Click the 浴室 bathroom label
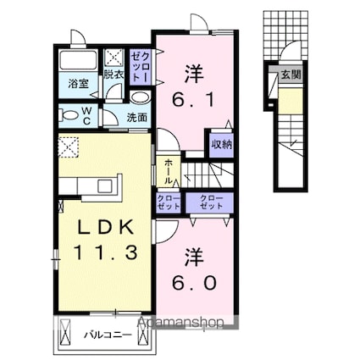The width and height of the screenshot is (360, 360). click(x=79, y=83)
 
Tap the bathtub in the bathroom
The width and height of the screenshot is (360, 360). click(x=78, y=60)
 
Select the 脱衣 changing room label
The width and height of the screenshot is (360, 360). click(x=114, y=75)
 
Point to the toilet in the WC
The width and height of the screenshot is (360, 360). click(x=69, y=116)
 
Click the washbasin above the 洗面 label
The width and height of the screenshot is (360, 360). click(x=141, y=98)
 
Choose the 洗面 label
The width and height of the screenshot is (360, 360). click(x=136, y=118)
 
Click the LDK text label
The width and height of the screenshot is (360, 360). click(x=105, y=227)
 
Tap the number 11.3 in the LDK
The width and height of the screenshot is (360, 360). click(x=106, y=252)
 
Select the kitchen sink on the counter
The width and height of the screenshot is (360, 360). click(x=105, y=186)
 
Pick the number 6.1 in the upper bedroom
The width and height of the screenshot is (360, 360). click(x=194, y=100)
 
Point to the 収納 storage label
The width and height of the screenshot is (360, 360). click(x=222, y=144)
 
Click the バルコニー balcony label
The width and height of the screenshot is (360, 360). click(x=108, y=335)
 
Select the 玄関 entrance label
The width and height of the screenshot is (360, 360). click(x=291, y=75)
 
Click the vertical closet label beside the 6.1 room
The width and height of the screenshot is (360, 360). click(x=141, y=67)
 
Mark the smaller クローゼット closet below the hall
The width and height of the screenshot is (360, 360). click(x=169, y=202)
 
